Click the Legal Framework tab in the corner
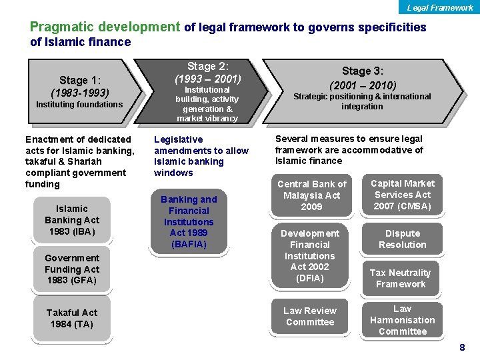click(x=440, y=7)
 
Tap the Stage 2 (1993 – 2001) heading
click(x=207, y=73)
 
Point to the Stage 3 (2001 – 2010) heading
click(x=363, y=78)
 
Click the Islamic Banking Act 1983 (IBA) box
click(x=72, y=220)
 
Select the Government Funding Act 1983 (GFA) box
click(x=72, y=269)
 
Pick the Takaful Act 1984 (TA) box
click(x=72, y=318)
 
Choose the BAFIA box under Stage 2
click(x=189, y=221)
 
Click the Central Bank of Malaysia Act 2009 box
click(x=312, y=195)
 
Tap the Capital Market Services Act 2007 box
click(x=403, y=195)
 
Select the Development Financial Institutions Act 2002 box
click(x=310, y=255)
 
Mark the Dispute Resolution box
click(x=403, y=239)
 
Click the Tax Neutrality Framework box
click(x=401, y=278)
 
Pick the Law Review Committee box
click(x=310, y=316)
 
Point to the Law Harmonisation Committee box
click(x=402, y=320)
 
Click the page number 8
click(x=462, y=348)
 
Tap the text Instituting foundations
click(x=79, y=105)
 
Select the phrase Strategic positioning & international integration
click(x=362, y=101)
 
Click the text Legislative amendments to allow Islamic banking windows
click(x=201, y=156)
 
